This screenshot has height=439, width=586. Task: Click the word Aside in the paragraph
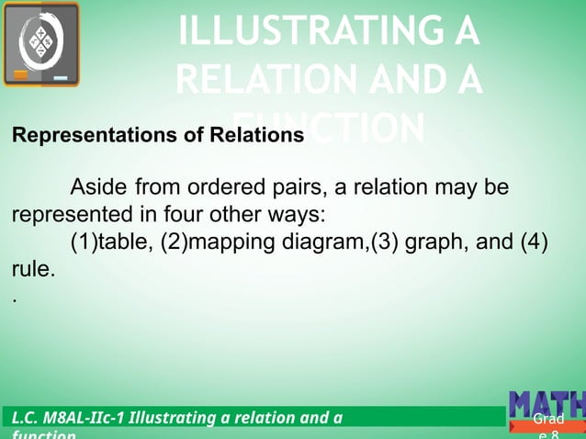[98, 189]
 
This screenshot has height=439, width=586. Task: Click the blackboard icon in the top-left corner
[40, 44]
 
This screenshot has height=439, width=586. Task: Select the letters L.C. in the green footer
[25, 419]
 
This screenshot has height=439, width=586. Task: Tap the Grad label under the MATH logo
[547, 421]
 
